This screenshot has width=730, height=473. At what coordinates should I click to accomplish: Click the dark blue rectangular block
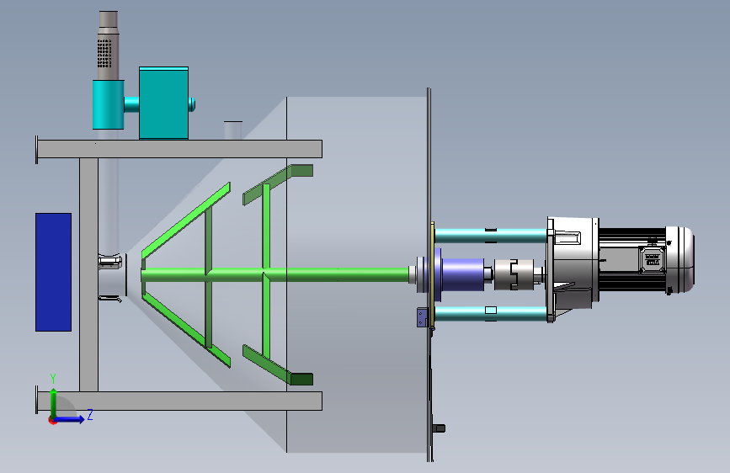54,273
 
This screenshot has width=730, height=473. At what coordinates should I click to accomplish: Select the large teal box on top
164,103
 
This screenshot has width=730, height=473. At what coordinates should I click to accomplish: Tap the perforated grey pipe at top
108,45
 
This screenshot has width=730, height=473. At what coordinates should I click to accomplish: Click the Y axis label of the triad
53,378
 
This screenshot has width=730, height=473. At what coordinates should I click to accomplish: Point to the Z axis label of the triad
90,415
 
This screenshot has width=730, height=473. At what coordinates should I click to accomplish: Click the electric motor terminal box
653,259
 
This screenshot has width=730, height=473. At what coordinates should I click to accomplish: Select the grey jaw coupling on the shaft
514,274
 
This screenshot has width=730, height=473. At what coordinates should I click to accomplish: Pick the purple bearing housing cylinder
462,274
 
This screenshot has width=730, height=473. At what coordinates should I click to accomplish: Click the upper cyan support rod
491,236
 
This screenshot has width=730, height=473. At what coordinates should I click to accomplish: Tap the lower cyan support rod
491,313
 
